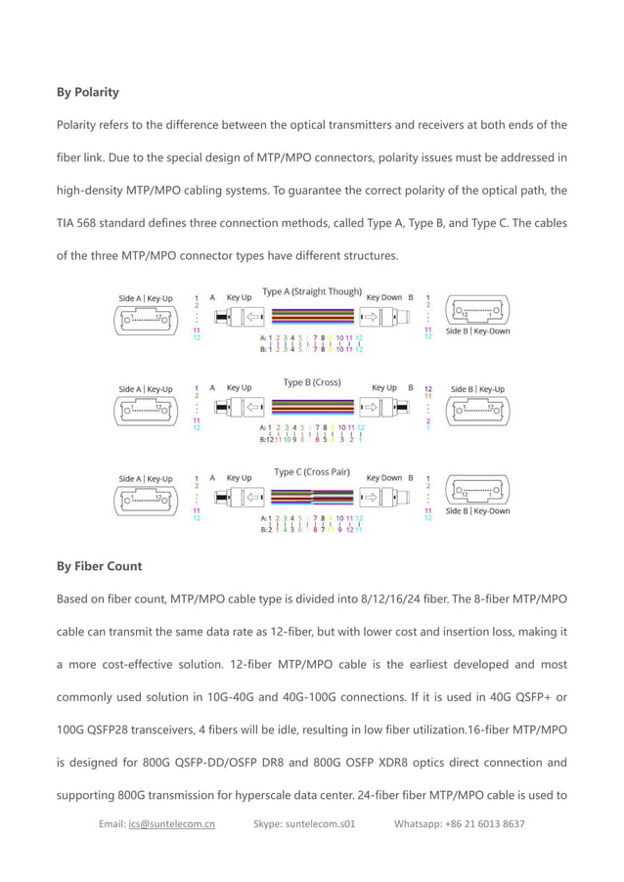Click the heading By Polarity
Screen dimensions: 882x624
tap(88, 93)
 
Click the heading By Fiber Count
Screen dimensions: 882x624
tap(99, 566)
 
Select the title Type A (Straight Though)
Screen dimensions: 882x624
tap(311, 292)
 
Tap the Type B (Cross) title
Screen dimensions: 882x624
tap(311, 382)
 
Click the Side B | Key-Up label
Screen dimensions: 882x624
tap(477, 389)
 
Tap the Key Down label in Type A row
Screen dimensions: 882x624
tap(383, 296)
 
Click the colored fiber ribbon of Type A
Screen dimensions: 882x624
tap(312, 318)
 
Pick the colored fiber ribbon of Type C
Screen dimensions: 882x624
tap(312, 498)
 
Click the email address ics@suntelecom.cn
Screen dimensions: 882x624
tap(171, 823)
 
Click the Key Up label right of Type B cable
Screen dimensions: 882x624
tap(384, 387)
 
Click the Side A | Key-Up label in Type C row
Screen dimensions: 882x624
tap(145, 479)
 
